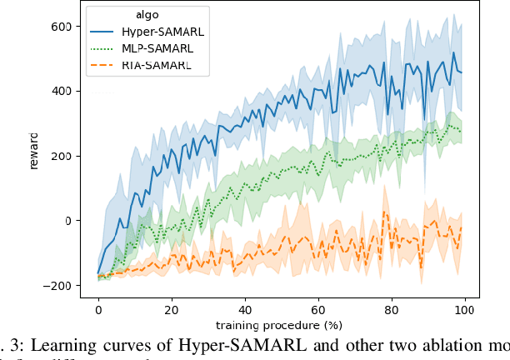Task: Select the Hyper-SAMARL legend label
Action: pyautogui.click(x=157, y=30)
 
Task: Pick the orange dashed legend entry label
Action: pyautogui.click(x=155, y=64)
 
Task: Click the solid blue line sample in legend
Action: pyautogui.click(x=102, y=31)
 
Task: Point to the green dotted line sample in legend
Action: pyautogui.click(x=102, y=47)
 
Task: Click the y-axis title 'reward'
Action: pyautogui.click(x=35, y=155)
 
